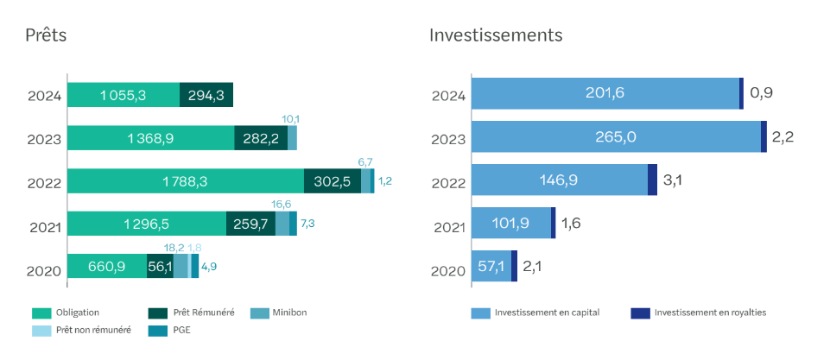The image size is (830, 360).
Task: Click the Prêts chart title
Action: pyautogui.click(x=46, y=35)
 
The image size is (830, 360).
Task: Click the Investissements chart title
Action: pyautogui.click(x=496, y=35)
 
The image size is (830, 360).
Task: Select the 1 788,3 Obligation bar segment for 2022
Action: pyautogui.click(x=186, y=181)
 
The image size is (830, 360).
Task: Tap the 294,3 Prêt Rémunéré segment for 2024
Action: pyautogui.click(x=206, y=95)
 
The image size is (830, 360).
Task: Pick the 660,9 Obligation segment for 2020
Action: pyautogui.click(x=107, y=266)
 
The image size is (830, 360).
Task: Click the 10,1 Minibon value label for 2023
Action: pyautogui.click(x=290, y=118)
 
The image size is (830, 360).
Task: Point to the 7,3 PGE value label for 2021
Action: pyautogui.click(x=307, y=224)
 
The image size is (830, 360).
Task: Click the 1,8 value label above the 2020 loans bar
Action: pyautogui.click(x=195, y=247)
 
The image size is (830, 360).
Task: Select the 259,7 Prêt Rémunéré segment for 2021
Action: pyautogui.click(x=251, y=224)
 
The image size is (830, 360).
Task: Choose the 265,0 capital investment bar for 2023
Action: pyautogui.click(x=616, y=136)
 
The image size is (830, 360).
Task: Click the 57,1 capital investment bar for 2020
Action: pyautogui.click(x=491, y=266)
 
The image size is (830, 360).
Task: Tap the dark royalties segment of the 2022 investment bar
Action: pyautogui.click(x=653, y=180)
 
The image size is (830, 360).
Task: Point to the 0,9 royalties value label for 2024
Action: pyautogui.click(x=761, y=93)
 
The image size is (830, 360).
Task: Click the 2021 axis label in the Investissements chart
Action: pyautogui.click(x=449, y=228)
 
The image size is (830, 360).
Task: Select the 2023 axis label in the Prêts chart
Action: pyautogui.click(x=45, y=141)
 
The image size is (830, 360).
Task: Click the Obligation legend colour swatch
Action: pyautogui.click(x=41, y=313)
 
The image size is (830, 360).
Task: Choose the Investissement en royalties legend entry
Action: pyautogui.click(x=699, y=313)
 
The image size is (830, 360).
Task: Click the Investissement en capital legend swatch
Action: pyautogui.click(x=480, y=313)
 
